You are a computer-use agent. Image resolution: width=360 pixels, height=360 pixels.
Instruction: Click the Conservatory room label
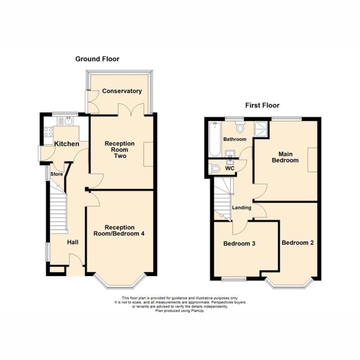[x=122, y=91]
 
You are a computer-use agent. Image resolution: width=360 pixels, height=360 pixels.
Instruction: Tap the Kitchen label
[x=66, y=144]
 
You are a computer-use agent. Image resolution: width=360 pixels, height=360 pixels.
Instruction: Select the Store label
[x=57, y=174]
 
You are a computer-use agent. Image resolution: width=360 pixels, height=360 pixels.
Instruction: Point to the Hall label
[x=73, y=242]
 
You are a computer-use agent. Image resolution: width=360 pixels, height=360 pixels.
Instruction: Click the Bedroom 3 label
[x=239, y=244]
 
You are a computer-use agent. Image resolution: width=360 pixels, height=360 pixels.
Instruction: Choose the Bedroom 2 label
[x=297, y=243]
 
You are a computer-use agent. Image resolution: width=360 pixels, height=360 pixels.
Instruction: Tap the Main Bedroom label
[x=285, y=157]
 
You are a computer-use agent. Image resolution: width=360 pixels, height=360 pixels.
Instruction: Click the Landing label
[x=242, y=208]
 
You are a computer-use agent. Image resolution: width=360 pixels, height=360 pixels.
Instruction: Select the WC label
[x=230, y=168]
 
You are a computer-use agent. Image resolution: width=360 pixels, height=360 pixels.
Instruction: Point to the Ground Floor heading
[x=97, y=59]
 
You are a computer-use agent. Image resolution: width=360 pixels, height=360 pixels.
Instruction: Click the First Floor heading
[x=262, y=105]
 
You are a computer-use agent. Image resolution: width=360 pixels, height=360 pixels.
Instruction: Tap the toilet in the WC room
[x=214, y=169]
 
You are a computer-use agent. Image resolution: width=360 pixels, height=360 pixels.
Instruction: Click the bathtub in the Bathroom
[x=215, y=139]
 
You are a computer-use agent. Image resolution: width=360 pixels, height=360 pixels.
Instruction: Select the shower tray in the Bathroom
[x=261, y=129]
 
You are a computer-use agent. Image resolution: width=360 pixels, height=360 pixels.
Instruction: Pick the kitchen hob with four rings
[x=49, y=132]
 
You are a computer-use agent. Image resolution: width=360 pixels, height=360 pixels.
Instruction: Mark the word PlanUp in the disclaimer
[x=198, y=311]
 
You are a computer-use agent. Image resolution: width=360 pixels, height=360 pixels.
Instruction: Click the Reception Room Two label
[x=120, y=150]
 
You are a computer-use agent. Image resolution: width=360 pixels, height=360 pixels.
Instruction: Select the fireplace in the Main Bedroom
[x=313, y=160]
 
